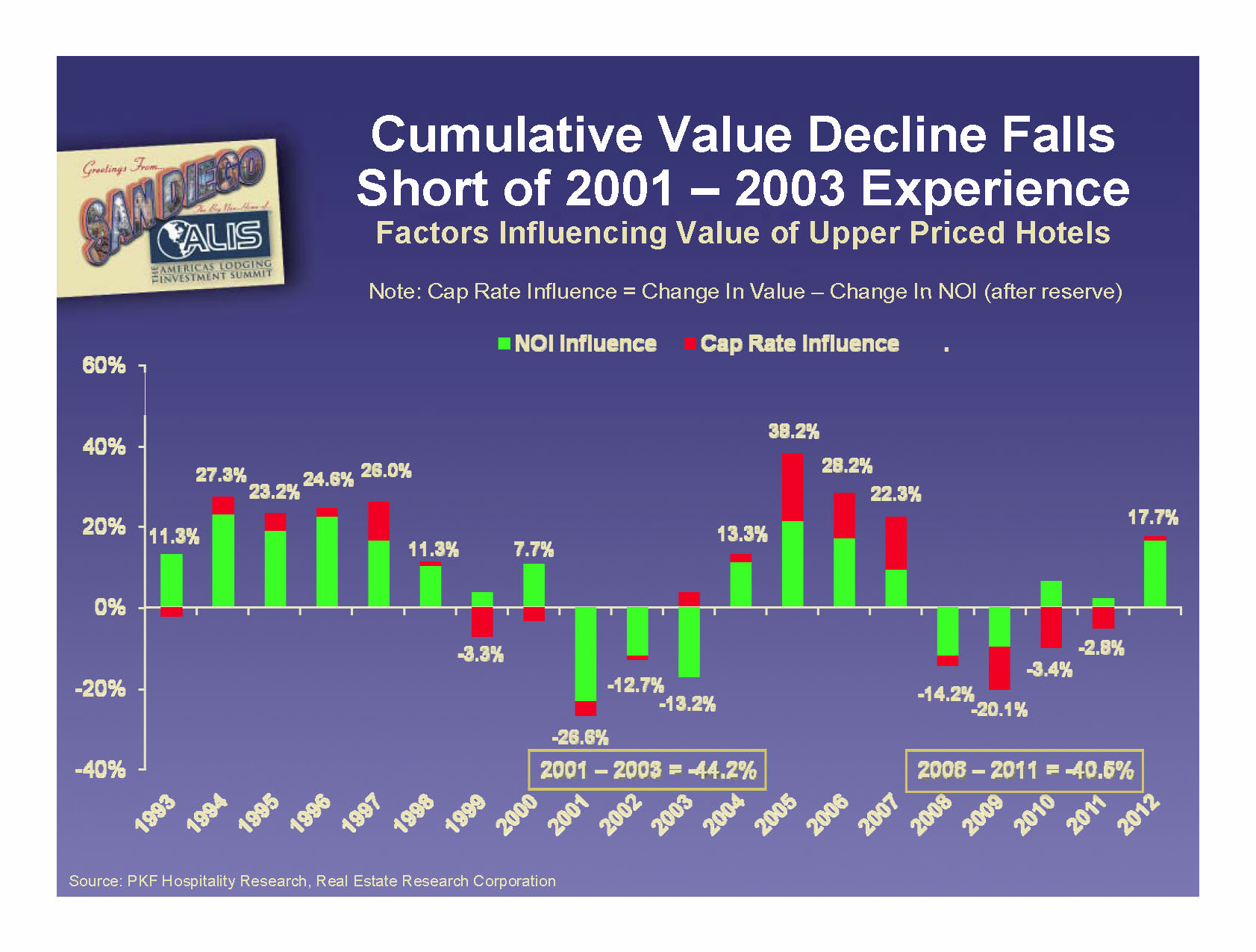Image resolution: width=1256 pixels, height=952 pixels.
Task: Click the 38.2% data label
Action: (x=793, y=432)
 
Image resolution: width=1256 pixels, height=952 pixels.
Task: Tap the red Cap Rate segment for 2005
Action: (x=793, y=487)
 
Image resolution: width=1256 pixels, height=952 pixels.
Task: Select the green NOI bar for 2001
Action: (x=586, y=654)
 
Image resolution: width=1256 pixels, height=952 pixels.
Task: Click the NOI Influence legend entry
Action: (x=578, y=343)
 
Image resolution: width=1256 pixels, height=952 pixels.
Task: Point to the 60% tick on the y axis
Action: (x=104, y=366)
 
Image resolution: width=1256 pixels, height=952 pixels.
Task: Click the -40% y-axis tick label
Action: (x=101, y=769)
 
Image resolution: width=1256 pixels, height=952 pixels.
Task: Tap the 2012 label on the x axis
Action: (x=1137, y=814)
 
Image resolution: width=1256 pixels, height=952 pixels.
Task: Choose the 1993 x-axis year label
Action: (x=155, y=814)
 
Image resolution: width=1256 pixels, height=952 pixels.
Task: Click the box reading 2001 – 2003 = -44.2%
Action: (x=647, y=770)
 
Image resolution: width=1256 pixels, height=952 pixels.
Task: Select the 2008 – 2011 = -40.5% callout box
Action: (x=1024, y=770)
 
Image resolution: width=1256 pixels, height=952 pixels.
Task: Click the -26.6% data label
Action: (x=580, y=738)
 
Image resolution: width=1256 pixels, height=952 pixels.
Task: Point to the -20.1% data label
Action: (x=999, y=709)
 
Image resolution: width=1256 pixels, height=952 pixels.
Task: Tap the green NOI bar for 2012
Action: (x=1155, y=573)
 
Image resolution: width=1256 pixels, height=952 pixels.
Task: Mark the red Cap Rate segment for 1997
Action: (x=378, y=520)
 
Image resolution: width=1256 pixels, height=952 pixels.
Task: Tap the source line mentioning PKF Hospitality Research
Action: (x=312, y=881)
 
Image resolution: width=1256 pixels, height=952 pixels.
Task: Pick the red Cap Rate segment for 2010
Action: (x=1051, y=627)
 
